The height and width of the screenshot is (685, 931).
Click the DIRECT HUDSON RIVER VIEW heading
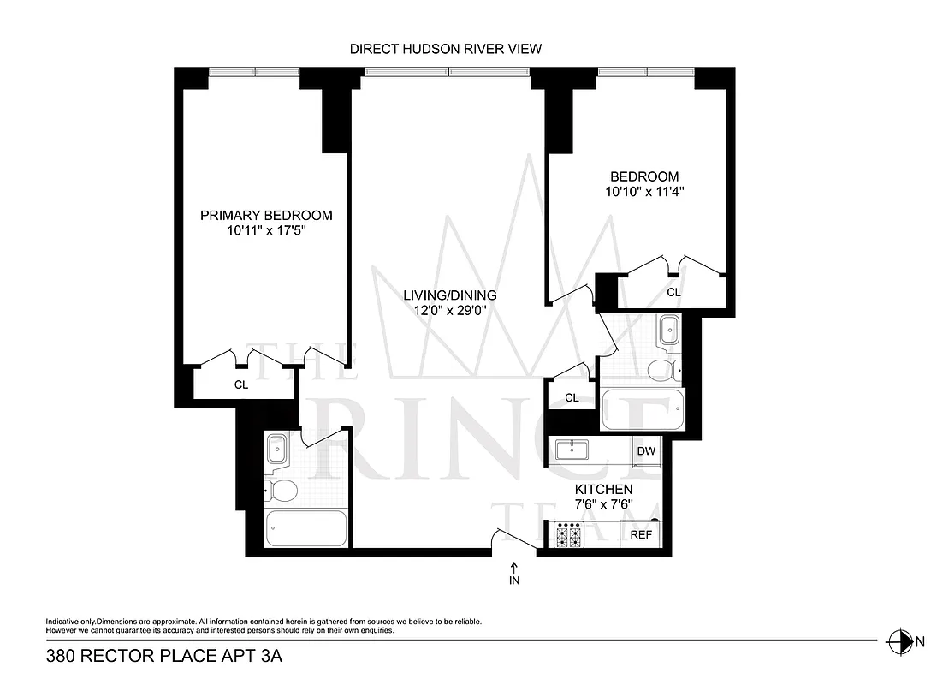pyautogui.click(x=445, y=49)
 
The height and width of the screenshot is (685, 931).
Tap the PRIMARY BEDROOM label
pyautogui.click(x=266, y=215)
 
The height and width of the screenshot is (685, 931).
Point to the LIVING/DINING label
pyautogui.click(x=450, y=295)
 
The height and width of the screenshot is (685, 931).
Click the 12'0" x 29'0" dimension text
pyautogui.click(x=450, y=311)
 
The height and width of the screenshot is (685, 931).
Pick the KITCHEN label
pyautogui.click(x=603, y=489)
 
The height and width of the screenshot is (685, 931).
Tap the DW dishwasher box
pyautogui.click(x=646, y=451)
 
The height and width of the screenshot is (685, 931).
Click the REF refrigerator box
pyautogui.click(x=642, y=534)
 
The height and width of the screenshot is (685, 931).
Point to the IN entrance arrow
pyautogui.click(x=514, y=573)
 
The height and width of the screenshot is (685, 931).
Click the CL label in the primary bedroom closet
pyautogui.click(x=241, y=385)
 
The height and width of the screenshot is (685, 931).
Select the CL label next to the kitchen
pyautogui.click(x=572, y=398)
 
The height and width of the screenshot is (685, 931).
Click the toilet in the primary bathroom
pyautogui.click(x=281, y=491)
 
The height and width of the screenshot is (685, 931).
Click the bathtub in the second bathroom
pyautogui.click(x=643, y=412)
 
